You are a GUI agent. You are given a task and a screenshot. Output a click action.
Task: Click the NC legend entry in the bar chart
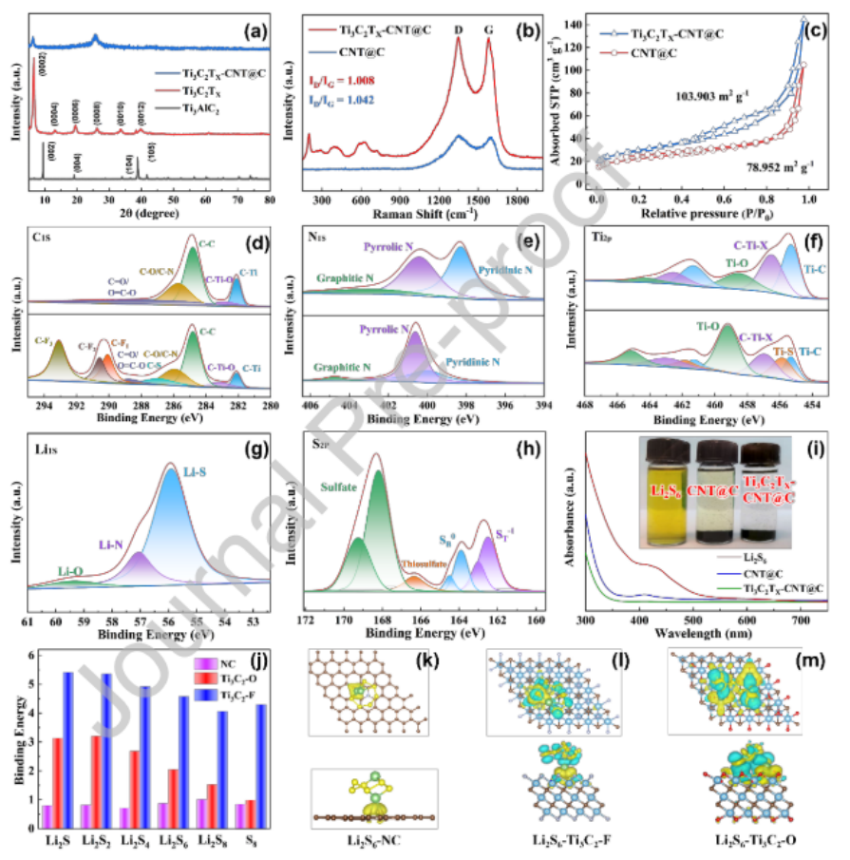[228, 662]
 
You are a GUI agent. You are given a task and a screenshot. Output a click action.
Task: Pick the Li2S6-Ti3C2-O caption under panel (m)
[750, 841]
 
